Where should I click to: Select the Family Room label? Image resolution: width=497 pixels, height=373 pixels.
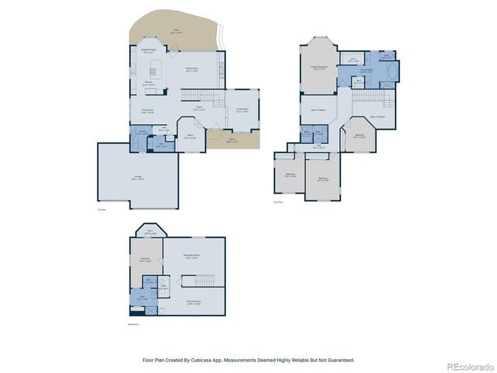point(191,69)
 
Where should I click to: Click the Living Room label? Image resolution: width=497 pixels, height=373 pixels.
point(242,110)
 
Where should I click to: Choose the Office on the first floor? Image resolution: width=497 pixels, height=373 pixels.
point(189,137)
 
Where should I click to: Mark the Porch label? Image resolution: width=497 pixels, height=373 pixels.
point(231,141)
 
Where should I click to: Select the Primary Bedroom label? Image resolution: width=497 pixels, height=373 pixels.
point(318,68)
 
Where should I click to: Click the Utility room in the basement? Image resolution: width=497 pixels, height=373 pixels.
point(163,288)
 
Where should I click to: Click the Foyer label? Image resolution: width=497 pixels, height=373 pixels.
point(198,109)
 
